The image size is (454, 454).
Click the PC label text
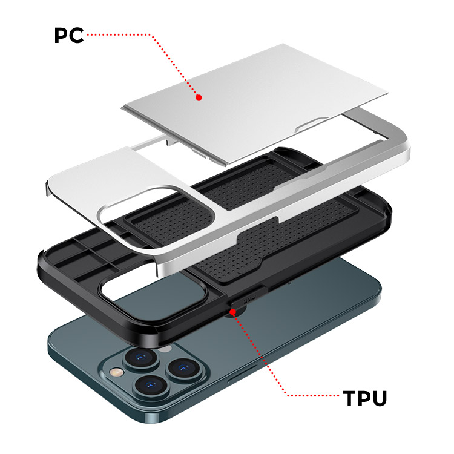(69, 35)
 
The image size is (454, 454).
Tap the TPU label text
(365, 398)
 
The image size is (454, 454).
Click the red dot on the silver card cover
(199, 97)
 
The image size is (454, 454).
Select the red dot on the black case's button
(232, 312)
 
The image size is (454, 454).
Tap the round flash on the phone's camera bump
(116, 372)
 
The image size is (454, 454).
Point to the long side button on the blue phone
(242, 374)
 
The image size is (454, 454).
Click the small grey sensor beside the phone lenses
(165, 349)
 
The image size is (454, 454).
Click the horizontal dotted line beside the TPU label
(312, 395)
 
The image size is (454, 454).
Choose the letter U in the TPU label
(380, 399)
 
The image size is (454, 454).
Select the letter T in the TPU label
(350, 398)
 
